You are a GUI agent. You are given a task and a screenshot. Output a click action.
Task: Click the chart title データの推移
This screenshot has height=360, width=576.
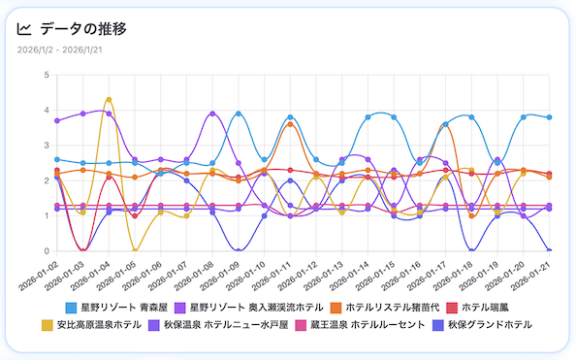tap(84, 29)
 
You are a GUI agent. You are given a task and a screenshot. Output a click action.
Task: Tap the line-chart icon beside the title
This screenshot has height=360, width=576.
tap(25, 29)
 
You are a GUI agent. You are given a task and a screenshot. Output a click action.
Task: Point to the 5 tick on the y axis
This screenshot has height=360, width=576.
tap(47, 75)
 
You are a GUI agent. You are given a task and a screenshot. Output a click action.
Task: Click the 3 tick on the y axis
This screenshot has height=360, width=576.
tap(47, 146)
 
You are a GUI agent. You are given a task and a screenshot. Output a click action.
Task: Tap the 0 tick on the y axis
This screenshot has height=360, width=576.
tap(47, 251)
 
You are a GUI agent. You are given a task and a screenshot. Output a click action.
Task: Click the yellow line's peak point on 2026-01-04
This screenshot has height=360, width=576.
tap(109, 99)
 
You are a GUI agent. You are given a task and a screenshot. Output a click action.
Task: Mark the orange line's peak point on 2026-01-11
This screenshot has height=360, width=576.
tap(291, 124)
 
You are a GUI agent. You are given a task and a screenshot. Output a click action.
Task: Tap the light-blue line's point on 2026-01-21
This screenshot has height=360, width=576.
tap(550, 117)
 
